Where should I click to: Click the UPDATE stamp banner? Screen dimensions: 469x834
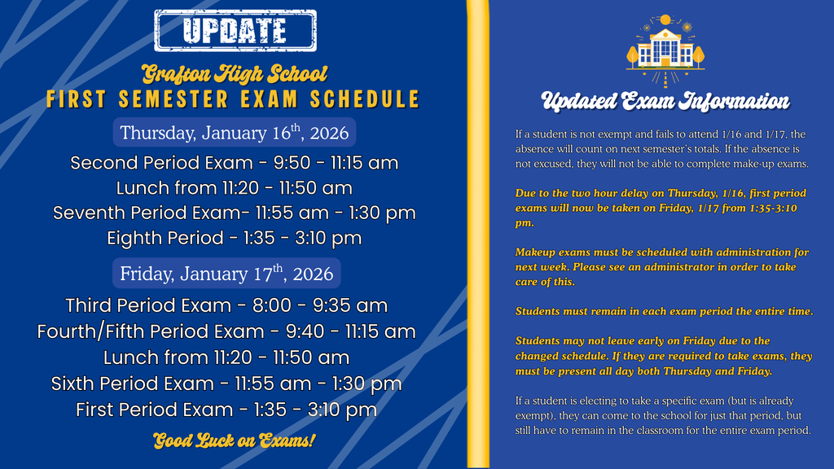point(235,30)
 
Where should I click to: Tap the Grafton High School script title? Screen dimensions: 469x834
point(235,75)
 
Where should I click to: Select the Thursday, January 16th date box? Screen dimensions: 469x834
point(235,133)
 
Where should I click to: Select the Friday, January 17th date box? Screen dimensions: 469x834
point(227,273)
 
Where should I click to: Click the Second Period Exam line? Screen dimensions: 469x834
point(235,163)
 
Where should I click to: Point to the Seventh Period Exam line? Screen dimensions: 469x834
point(235,213)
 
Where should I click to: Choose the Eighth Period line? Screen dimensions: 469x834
point(235,239)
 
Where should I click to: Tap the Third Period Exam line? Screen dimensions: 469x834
point(226,305)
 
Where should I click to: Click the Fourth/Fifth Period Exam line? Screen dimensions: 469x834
point(226,331)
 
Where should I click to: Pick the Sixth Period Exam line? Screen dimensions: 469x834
point(226,384)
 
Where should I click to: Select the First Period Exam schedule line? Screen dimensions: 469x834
point(226,410)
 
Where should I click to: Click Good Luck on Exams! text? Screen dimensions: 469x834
point(235,441)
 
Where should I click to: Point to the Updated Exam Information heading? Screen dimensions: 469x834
point(665,102)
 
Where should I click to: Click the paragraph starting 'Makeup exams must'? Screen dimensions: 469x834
point(662,267)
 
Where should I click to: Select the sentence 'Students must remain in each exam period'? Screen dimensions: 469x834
point(664,312)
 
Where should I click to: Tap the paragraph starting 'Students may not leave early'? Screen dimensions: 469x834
point(664,356)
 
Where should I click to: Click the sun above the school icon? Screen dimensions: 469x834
point(665,20)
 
